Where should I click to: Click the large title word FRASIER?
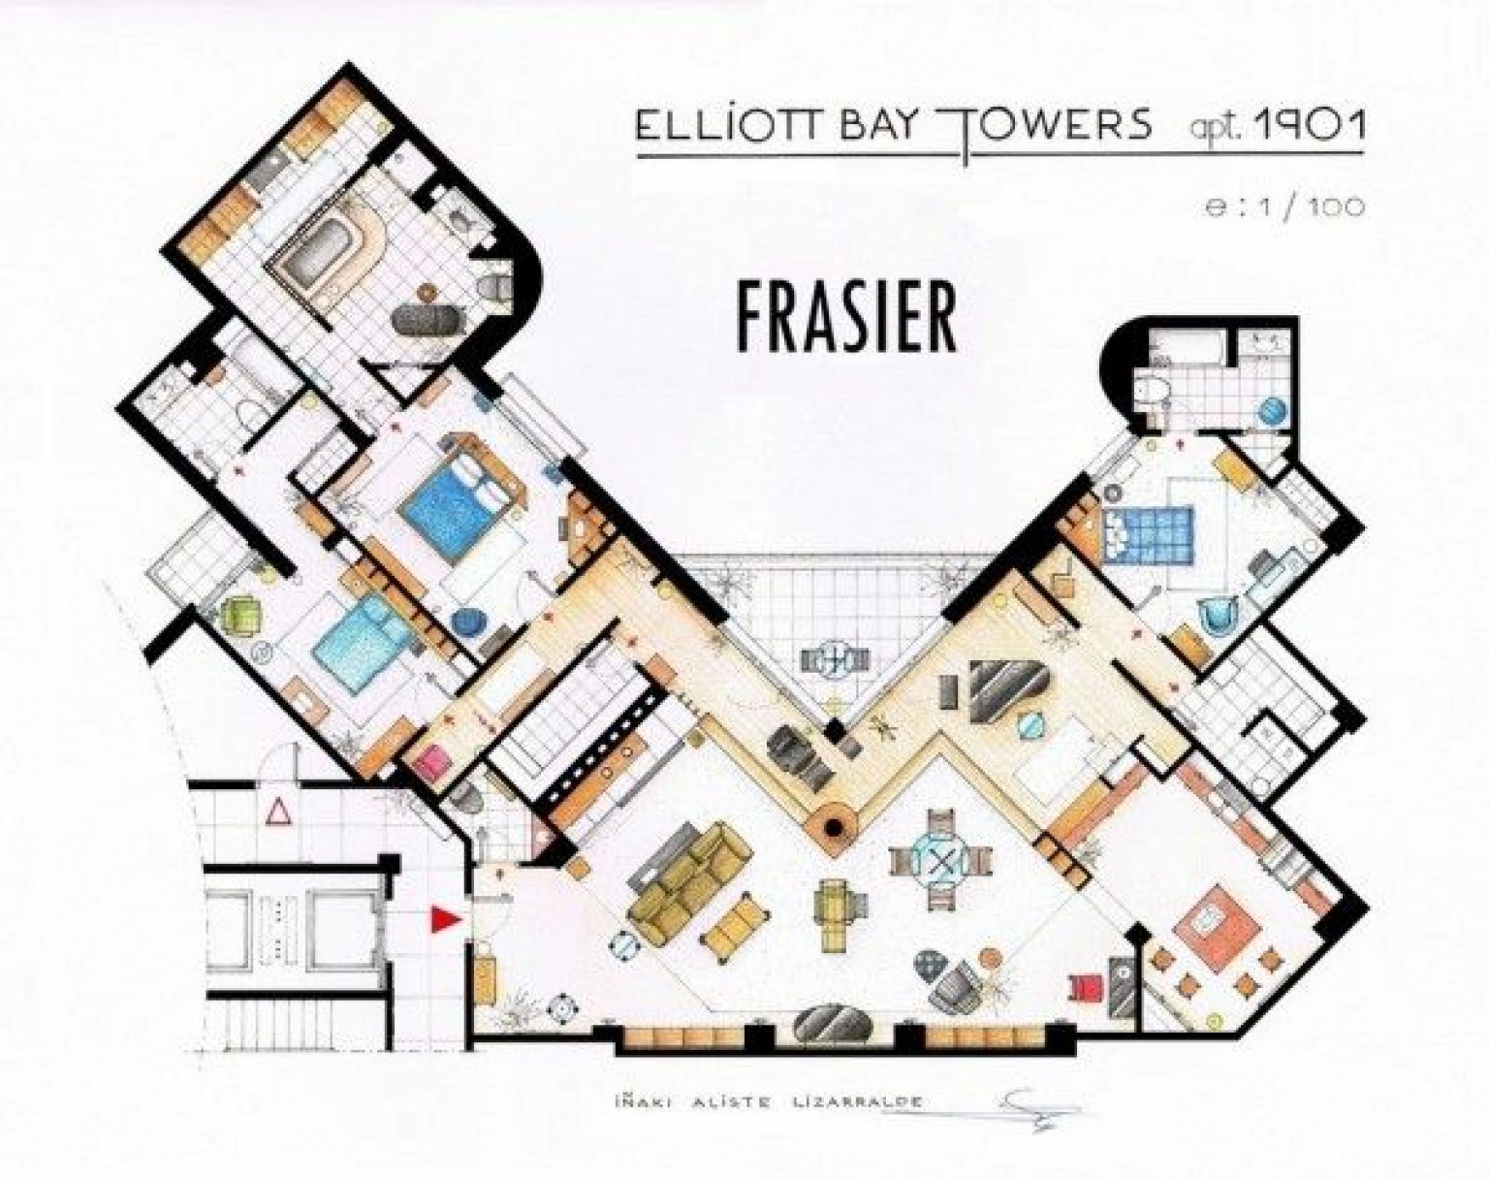tap(846, 317)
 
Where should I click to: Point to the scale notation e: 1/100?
tap(1285, 207)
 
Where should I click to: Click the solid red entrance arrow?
tap(444, 920)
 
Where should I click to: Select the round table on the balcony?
tap(831, 661)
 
